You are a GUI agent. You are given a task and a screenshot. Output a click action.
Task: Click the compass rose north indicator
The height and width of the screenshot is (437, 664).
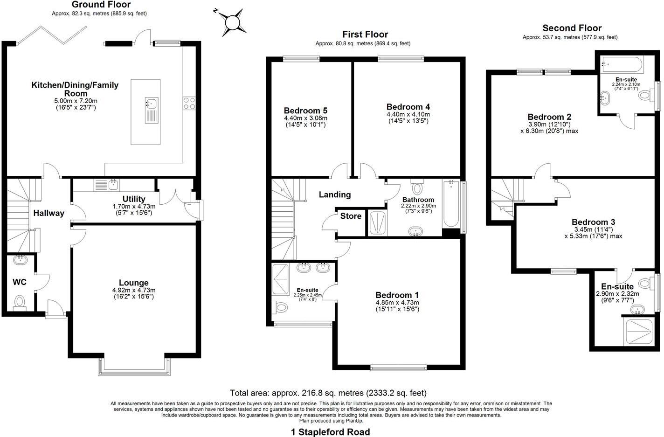[232, 22]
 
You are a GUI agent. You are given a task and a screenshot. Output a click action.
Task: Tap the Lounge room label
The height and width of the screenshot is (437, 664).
[134, 283]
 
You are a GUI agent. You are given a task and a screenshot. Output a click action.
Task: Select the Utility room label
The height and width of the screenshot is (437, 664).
[134, 199]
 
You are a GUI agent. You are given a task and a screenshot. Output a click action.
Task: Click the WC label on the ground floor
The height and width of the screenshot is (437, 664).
[19, 282]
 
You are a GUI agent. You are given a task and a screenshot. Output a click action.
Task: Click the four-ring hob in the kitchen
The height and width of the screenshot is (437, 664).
[189, 103]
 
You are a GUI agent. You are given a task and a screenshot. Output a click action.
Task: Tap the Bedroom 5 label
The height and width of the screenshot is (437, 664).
[305, 111]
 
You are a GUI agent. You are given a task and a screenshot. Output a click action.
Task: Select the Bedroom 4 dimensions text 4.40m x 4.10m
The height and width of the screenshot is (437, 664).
[408, 114]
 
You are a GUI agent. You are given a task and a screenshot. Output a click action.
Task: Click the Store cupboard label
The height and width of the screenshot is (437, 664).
[351, 216]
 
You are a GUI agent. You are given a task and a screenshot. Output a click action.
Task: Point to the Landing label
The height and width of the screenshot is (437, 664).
[334, 195]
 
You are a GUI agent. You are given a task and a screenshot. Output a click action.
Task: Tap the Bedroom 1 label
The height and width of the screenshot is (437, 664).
[397, 295]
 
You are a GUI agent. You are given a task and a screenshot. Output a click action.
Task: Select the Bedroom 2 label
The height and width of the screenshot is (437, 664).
[549, 117]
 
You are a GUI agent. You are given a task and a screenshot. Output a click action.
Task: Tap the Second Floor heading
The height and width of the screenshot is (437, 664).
[572, 28]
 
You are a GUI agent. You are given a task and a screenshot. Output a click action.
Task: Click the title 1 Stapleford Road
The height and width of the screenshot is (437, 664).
[330, 432]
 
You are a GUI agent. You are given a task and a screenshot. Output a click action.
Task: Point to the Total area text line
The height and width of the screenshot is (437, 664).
[328, 393]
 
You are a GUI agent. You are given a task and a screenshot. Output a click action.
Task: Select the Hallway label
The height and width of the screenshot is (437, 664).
[48, 214]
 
